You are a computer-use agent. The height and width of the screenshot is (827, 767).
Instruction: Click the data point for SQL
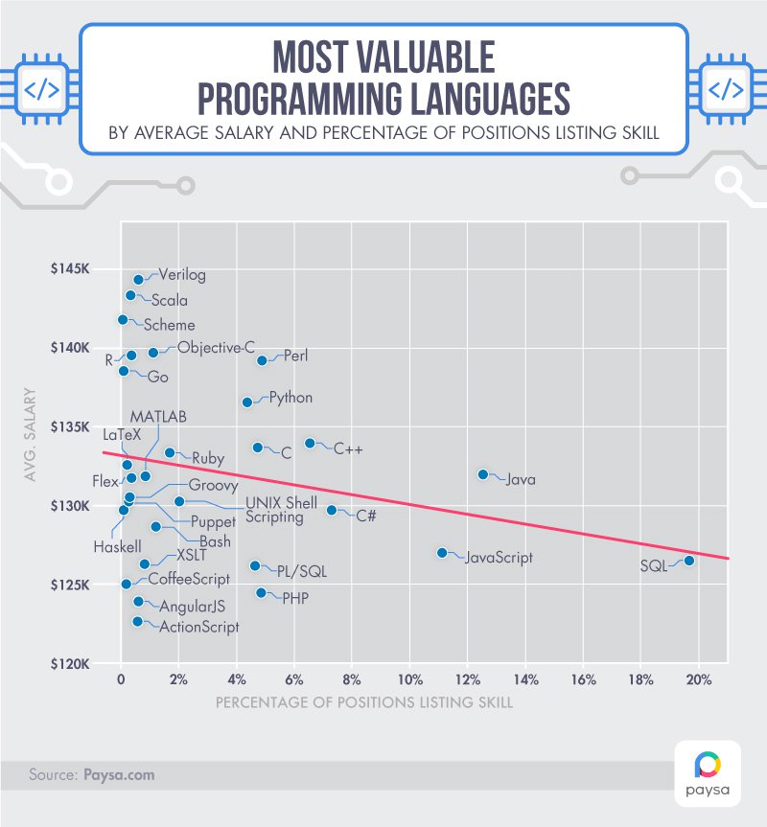click(689, 561)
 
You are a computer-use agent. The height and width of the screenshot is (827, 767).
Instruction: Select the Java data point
click(483, 474)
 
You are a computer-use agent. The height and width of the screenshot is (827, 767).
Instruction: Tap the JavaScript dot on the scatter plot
click(442, 553)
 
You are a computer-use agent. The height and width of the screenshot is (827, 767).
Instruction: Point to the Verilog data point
click(138, 280)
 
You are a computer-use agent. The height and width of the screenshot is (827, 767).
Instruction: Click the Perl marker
click(262, 360)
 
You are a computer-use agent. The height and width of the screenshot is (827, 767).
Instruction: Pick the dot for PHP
click(261, 593)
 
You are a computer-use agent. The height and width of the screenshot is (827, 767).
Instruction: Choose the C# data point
click(332, 511)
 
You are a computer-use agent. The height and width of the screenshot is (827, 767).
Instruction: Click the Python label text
click(291, 397)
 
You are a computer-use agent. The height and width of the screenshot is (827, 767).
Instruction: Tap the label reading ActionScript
click(198, 627)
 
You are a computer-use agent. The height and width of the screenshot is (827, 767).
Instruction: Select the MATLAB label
click(159, 417)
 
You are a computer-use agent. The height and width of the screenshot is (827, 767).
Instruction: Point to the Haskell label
click(117, 547)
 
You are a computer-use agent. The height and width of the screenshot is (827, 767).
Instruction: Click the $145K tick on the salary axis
click(72, 269)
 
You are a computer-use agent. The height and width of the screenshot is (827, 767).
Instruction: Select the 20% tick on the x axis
click(698, 680)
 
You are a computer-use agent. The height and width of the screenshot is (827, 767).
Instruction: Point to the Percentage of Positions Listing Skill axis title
click(363, 702)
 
